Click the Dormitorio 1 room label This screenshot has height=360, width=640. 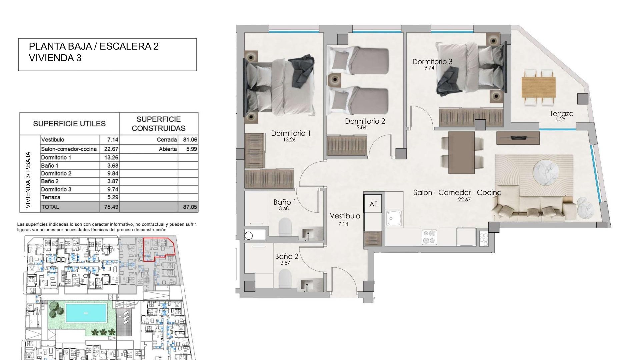click(x=291, y=133)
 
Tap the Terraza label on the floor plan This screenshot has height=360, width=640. click(x=562, y=114)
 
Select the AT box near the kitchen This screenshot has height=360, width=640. click(x=373, y=204)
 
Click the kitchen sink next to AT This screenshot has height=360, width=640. click(x=394, y=219)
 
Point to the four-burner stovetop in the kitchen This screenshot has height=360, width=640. click(x=429, y=237)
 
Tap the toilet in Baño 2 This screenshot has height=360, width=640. click(x=285, y=278)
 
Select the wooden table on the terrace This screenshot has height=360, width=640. click(x=539, y=87)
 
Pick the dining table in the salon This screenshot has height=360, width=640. click(x=462, y=152)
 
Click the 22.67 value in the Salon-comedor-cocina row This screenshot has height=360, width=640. click(x=111, y=149)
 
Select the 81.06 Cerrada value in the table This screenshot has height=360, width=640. click(x=190, y=140)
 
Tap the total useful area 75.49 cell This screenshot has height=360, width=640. click(x=111, y=207)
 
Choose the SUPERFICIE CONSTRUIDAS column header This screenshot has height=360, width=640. click(x=159, y=124)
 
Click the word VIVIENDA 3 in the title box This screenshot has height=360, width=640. click(x=55, y=58)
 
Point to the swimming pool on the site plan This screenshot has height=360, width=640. click(x=86, y=313)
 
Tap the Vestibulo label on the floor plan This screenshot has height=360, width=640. click(x=345, y=216)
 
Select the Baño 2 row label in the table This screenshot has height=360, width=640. click(x=50, y=181)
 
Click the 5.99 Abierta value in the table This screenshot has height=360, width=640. click(x=192, y=149)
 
